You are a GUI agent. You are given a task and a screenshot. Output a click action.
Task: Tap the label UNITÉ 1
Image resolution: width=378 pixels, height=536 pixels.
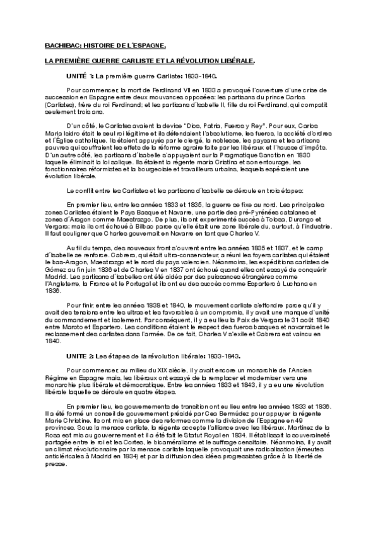80,75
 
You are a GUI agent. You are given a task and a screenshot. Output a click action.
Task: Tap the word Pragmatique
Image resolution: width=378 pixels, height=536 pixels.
247,154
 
